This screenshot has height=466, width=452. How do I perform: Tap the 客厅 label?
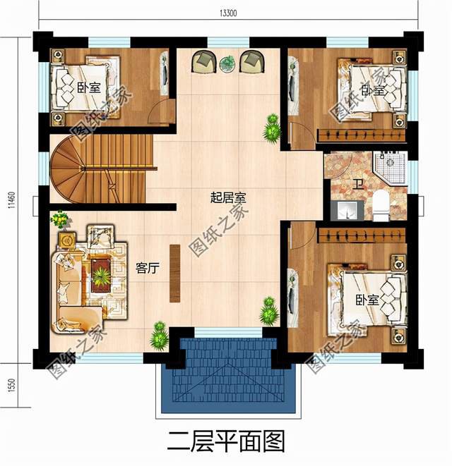click(147, 268)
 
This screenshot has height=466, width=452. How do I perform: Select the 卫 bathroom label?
click(359, 185)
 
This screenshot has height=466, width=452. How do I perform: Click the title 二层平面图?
click(225, 442)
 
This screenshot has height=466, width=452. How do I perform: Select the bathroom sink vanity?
click(345, 210)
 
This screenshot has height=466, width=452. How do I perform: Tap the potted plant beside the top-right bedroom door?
click(270, 127)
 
